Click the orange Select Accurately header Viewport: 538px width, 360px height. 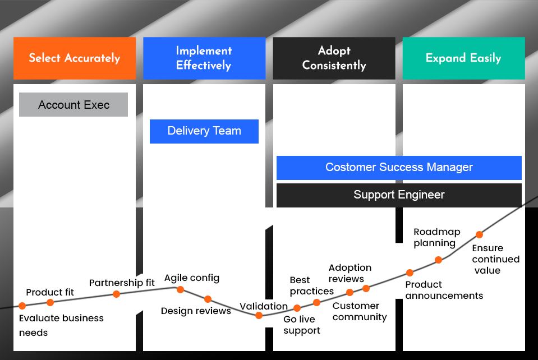tap(75, 58)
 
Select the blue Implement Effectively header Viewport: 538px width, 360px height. tap(204, 58)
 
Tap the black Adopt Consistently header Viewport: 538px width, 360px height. tap(334, 58)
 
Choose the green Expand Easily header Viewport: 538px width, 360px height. tap(463, 58)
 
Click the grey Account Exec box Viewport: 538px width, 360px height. tap(73, 105)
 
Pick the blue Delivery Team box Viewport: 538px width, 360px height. tap(204, 131)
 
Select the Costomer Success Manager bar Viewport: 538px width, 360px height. tap(399, 167)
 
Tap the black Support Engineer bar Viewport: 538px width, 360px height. tap(399, 195)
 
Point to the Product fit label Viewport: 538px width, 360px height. tap(50, 292)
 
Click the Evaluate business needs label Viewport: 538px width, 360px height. tap(61, 325)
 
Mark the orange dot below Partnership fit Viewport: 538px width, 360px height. tap(116, 294)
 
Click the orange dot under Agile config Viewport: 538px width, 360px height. tap(181, 289)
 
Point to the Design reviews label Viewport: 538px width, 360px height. tap(196, 311)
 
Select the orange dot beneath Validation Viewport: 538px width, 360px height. tap(259, 315)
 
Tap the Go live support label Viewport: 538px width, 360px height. tap(301, 325)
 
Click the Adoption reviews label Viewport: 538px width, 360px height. tap(350, 273)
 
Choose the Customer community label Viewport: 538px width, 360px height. tap(359, 311)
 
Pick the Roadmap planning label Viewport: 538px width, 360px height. tap(436, 237)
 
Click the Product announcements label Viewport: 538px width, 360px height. tap(443, 290)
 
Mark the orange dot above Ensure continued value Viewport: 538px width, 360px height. tap(479, 234)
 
